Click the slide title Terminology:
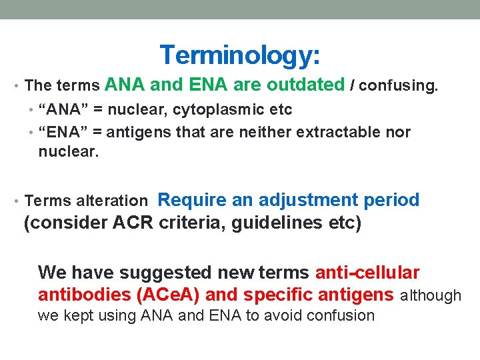(x=240, y=55)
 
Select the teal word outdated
(x=305, y=85)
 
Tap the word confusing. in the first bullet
(x=399, y=85)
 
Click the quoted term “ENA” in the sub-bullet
(x=62, y=132)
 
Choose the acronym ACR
(x=134, y=223)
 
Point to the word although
(x=430, y=295)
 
